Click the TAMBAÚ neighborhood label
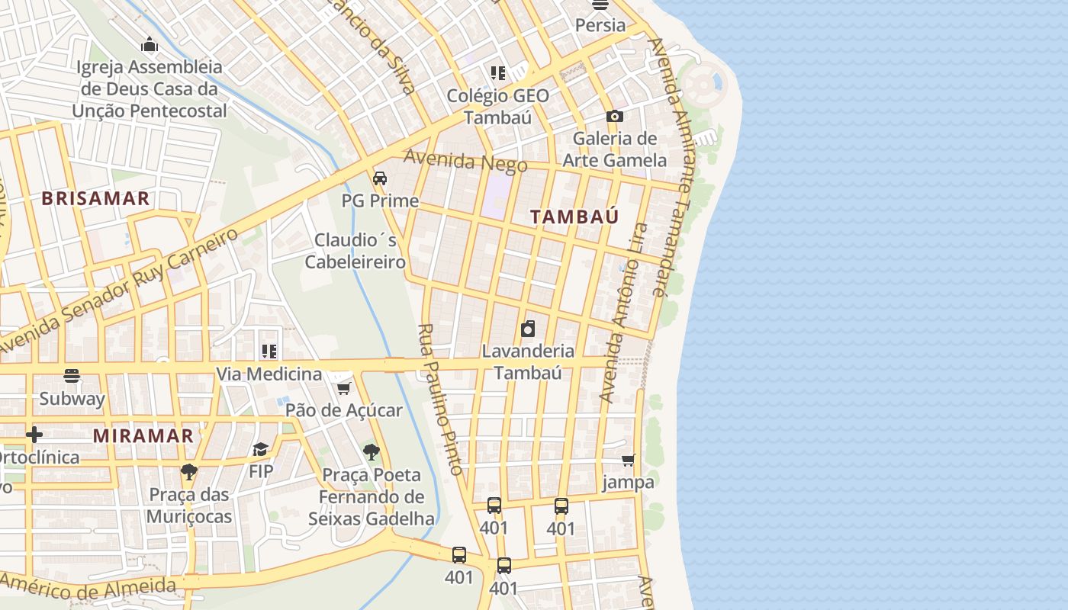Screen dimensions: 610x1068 [x=574, y=217]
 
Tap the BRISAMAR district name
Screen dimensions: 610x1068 [x=95, y=199]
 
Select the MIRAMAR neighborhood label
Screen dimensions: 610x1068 [x=143, y=436]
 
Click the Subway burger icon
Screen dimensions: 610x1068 [x=72, y=376]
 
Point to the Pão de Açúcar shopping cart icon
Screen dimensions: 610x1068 [x=344, y=389]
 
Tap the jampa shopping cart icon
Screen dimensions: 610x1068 [x=628, y=460]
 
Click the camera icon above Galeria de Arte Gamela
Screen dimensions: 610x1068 [x=614, y=117]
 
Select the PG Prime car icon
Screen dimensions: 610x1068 [x=379, y=178]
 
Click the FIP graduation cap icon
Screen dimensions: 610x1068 [x=261, y=449]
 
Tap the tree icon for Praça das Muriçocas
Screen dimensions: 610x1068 [x=188, y=472]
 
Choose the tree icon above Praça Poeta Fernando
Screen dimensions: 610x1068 [x=372, y=452]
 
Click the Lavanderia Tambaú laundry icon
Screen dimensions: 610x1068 [x=527, y=329]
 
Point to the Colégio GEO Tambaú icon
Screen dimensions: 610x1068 [x=497, y=73]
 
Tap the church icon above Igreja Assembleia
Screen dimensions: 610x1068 [x=150, y=45]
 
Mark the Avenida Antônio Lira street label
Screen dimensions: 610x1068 [x=623, y=313]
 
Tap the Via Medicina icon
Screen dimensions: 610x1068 [x=269, y=352]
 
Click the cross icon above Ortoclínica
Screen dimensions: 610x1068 [x=34, y=435]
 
